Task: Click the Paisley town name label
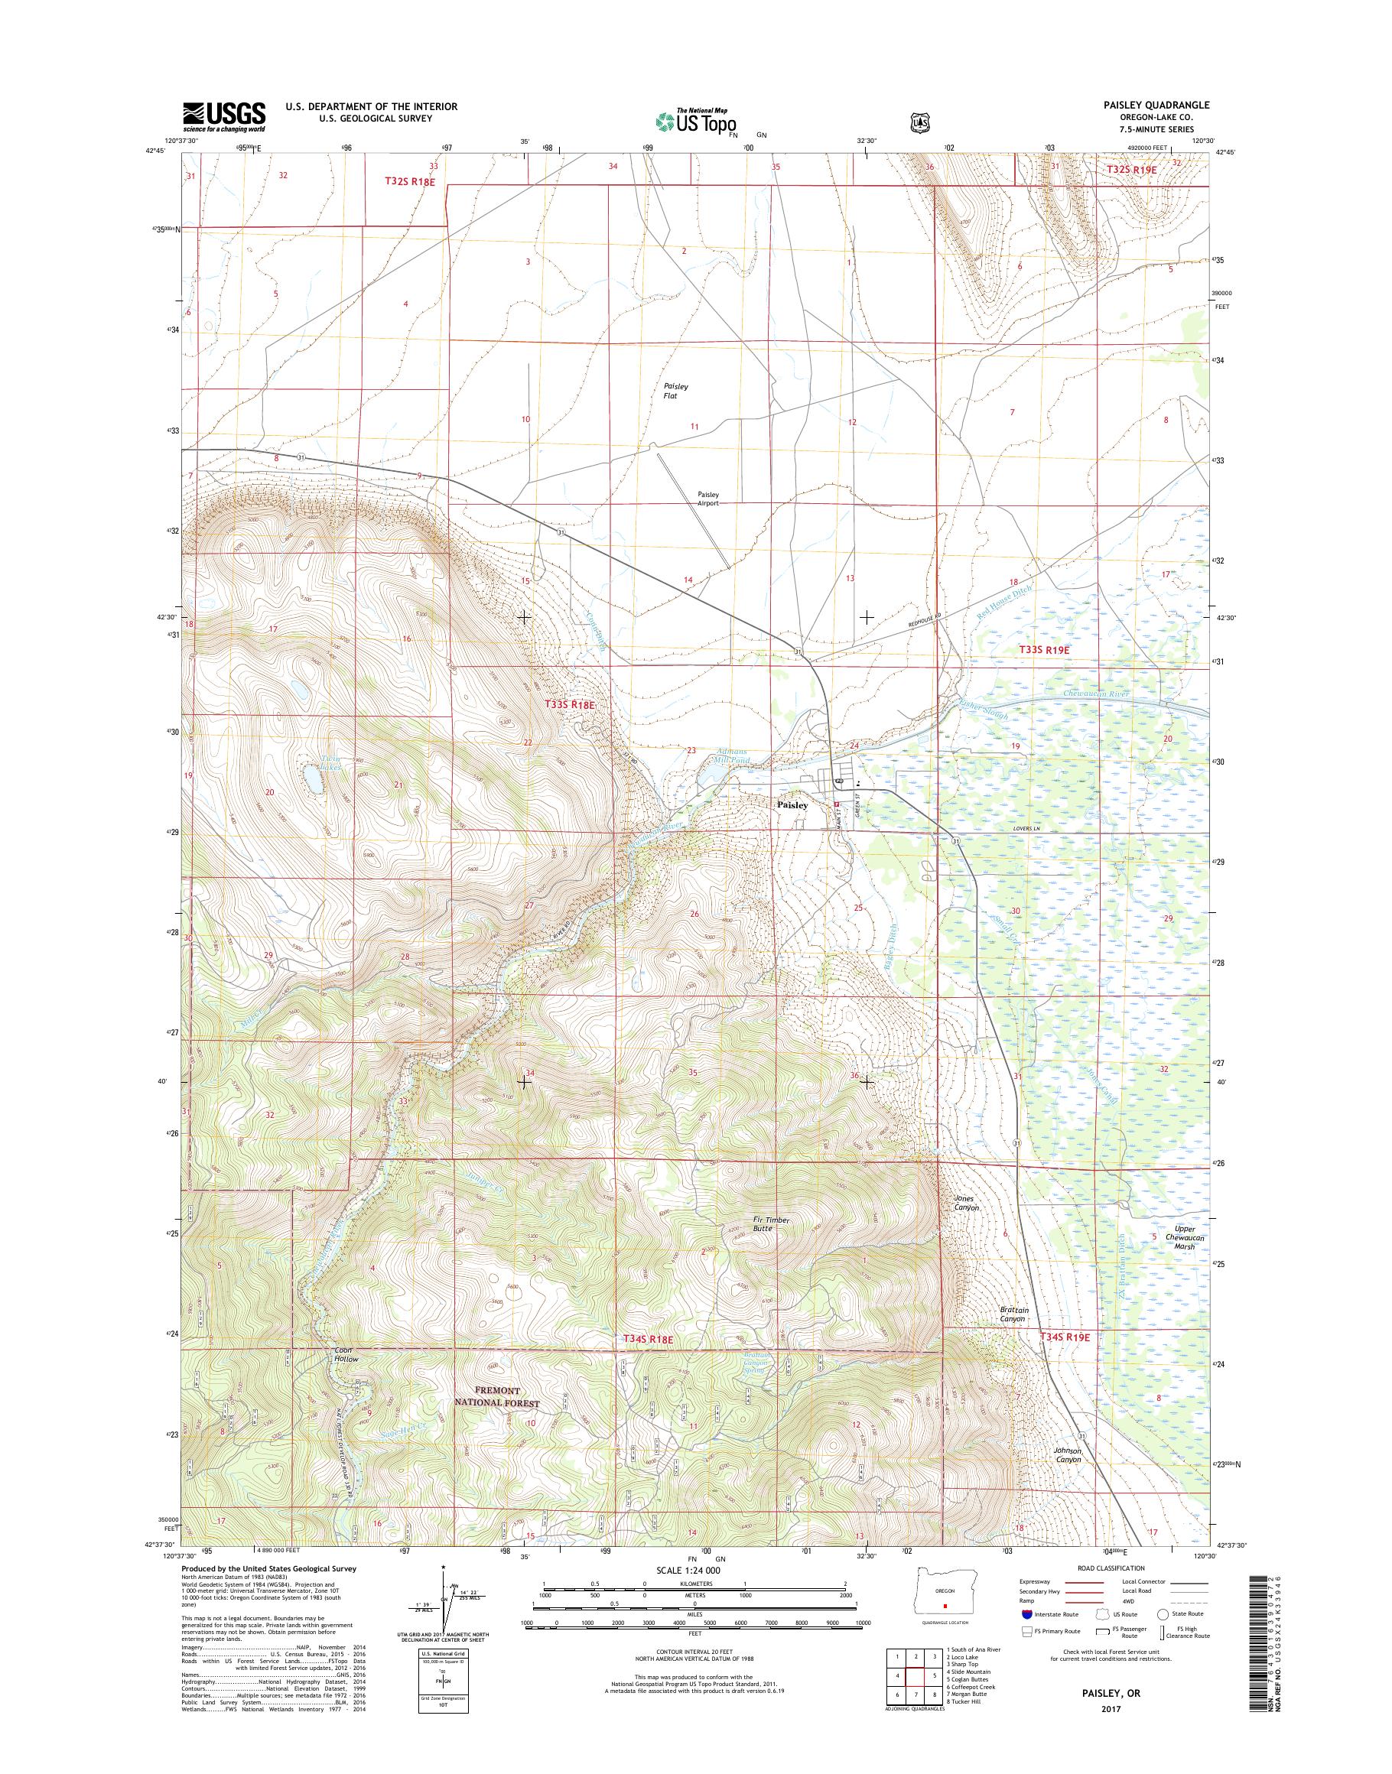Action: coord(792,804)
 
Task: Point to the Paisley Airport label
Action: coord(708,499)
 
